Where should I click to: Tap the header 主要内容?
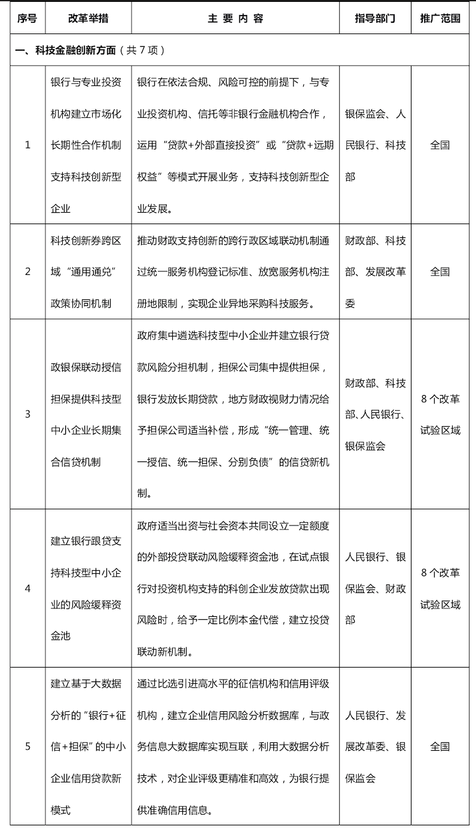click(235, 19)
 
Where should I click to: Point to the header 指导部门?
click(375, 19)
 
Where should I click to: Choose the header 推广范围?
click(440, 19)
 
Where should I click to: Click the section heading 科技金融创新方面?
click(66, 50)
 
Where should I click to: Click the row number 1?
click(28, 145)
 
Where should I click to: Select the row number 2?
click(28, 272)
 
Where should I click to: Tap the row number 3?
click(28, 414)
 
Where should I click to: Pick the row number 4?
click(28, 589)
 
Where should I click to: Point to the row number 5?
click(28, 747)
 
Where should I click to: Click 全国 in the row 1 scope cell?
click(440, 145)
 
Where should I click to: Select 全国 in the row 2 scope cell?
click(440, 272)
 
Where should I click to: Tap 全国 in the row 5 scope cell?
click(440, 747)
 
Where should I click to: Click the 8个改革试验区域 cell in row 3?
click(440, 414)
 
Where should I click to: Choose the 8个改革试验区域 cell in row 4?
click(440, 589)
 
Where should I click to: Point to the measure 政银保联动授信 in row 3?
click(86, 366)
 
